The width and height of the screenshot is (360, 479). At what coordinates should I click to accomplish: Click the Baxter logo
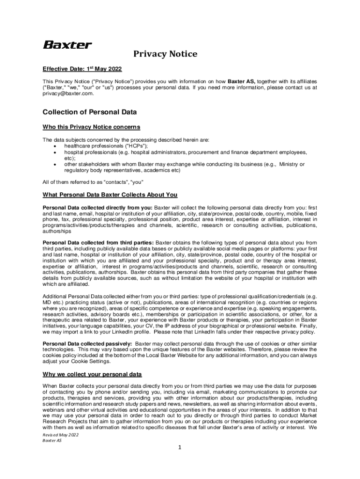coord(68,45)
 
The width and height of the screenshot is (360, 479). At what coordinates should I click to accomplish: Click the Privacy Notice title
coord(165,54)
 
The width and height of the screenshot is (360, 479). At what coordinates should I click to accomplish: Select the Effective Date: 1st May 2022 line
coord(82,69)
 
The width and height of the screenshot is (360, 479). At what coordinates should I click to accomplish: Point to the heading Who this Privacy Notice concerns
coord(92,127)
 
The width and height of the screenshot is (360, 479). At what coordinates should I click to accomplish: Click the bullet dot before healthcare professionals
coord(56,146)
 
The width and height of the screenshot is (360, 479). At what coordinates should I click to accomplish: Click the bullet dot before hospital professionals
coord(56,152)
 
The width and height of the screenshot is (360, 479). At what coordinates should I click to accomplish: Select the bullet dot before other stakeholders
coord(56,165)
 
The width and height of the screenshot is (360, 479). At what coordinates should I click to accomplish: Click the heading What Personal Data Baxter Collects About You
coord(110,195)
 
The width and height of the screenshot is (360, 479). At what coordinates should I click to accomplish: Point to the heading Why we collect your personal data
coord(93,374)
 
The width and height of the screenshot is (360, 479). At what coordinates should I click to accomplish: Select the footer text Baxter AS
coord(52,441)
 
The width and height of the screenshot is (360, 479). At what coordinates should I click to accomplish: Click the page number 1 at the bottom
coord(180,448)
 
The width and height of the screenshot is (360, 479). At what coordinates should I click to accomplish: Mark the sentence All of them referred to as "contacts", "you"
coord(93,182)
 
